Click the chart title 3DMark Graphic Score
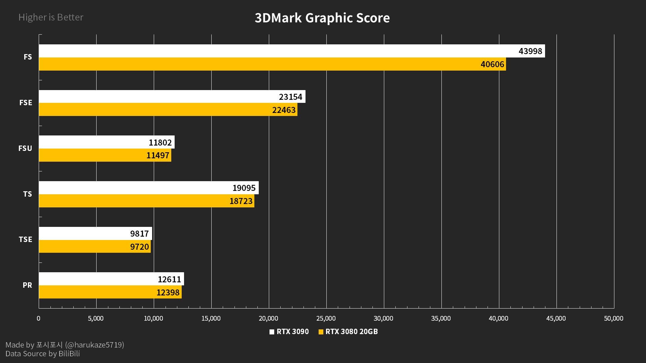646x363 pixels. (x=322, y=18)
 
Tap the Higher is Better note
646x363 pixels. (x=51, y=17)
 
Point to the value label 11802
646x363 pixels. (x=160, y=143)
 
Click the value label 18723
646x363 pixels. (x=241, y=201)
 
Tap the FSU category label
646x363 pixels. (x=25, y=148)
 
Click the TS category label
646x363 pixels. (x=28, y=194)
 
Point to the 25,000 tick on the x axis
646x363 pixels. (x=326, y=318)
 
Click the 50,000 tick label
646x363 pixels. (x=613, y=318)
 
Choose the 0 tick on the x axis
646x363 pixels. (x=38, y=318)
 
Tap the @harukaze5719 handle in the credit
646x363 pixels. (x=95, y=345)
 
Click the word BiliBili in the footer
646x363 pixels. (x=69, y=354)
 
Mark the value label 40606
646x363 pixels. (x=492, y=64)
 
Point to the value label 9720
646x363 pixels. (x=139, y=247)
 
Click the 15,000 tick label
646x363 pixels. (x=211, y=318)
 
